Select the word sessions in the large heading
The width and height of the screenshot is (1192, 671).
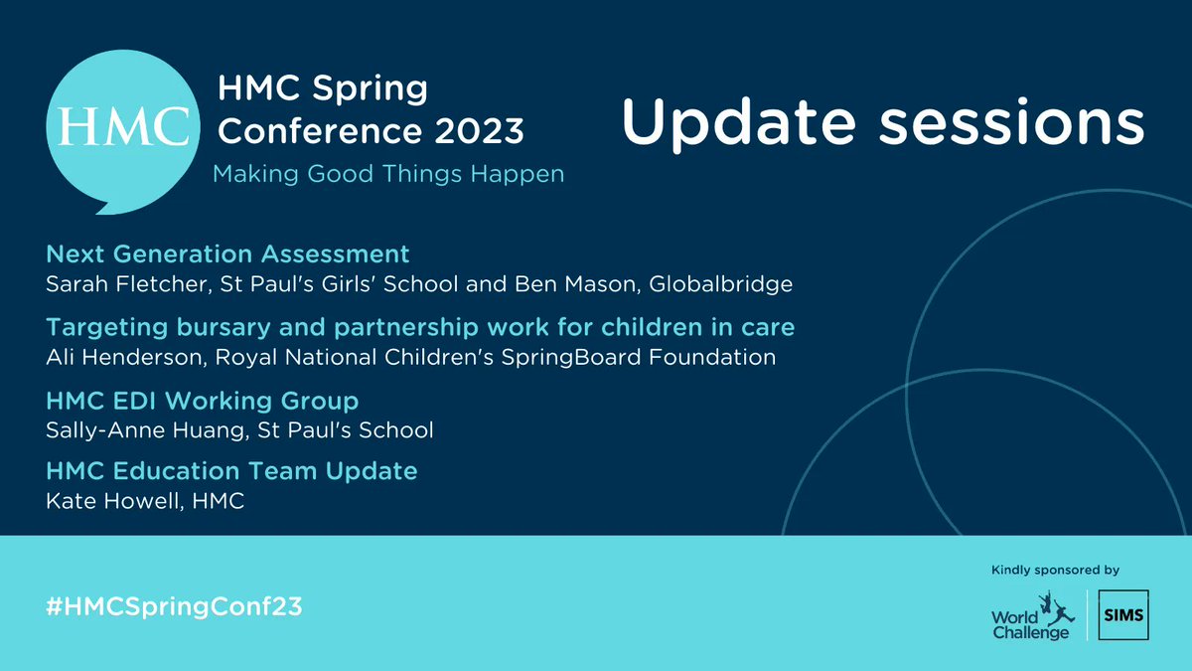1014,124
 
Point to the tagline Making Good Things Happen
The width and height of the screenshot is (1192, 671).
388,174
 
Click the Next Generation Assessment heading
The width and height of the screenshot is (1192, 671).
227,253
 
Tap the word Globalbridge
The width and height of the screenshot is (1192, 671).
720,284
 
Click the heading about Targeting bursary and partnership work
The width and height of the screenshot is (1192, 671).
420,326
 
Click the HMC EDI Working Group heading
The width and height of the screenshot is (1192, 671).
202,401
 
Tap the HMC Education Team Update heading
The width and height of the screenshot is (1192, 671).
231,470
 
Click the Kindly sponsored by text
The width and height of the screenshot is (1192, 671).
1055,570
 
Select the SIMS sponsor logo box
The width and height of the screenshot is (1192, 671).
1123,615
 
